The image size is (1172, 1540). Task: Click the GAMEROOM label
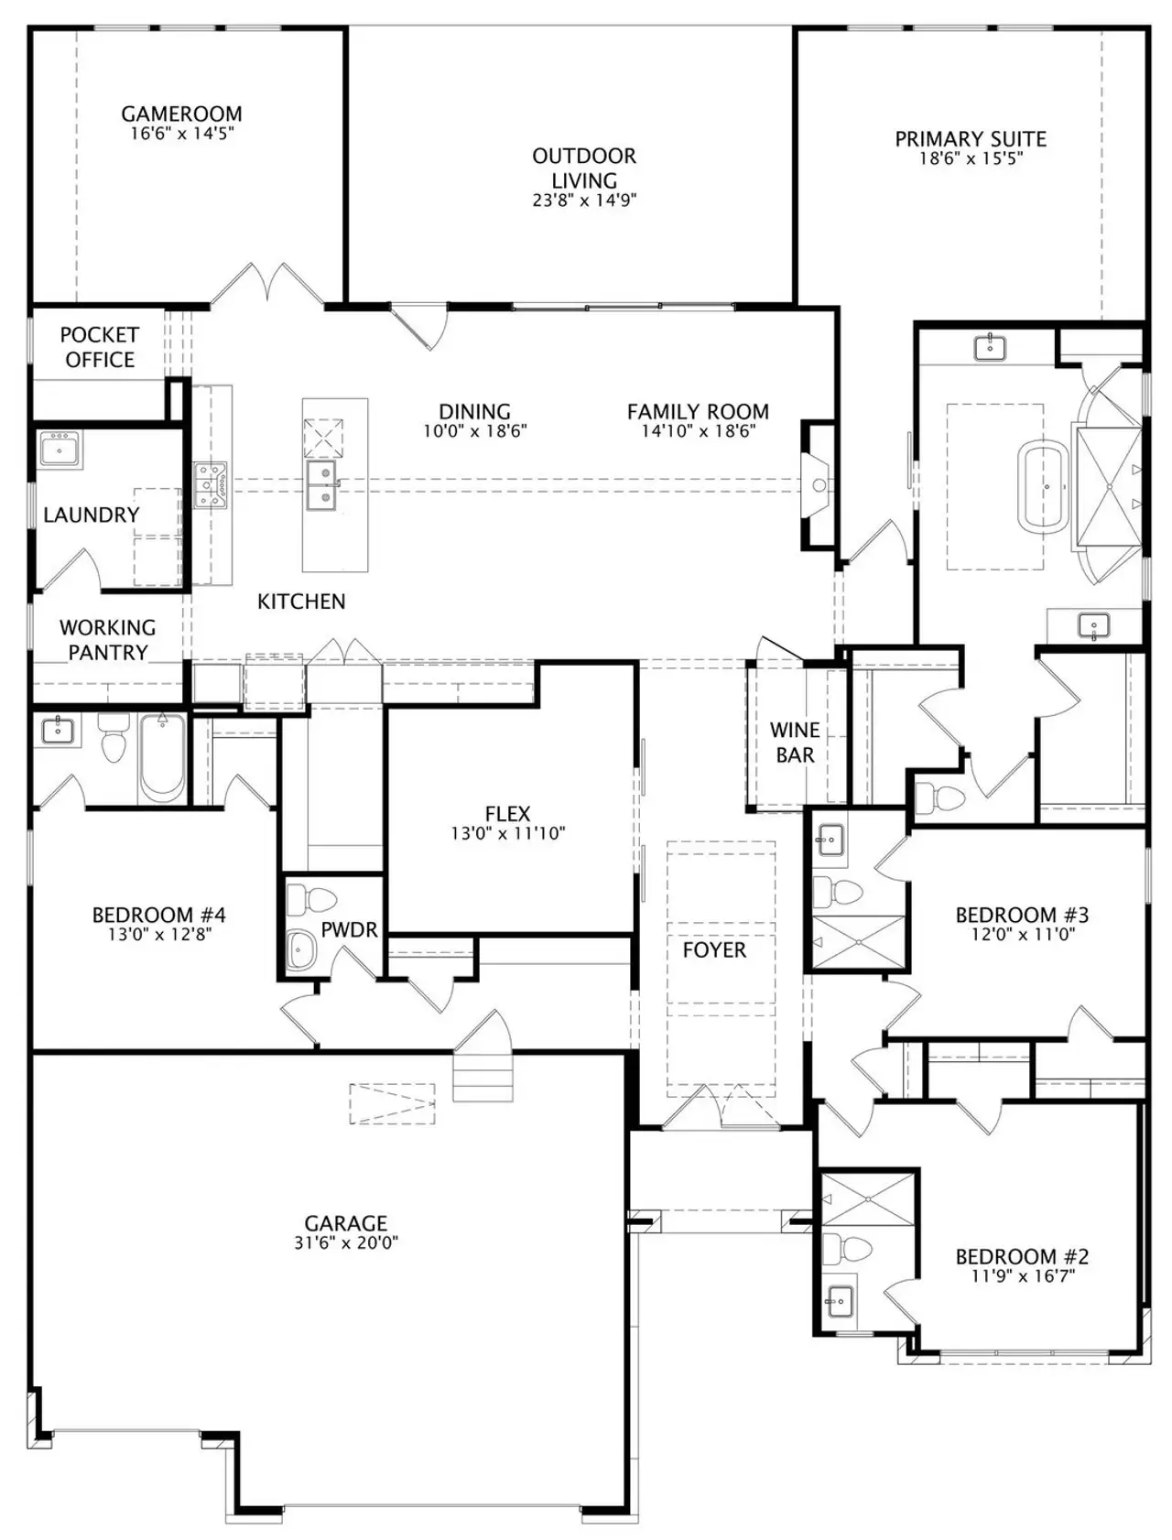point(181,114)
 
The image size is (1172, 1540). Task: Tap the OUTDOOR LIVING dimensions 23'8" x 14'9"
point(584,201)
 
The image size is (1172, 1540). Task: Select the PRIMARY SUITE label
point(971,139)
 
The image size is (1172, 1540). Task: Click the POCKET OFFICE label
point(99,347)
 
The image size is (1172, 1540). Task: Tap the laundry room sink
point(60,450)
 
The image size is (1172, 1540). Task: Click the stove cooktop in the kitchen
point(210,485)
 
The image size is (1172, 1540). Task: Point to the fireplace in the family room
point(818,484)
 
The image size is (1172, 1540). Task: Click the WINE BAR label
point(794,743)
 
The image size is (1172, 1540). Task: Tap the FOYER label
point(714,950)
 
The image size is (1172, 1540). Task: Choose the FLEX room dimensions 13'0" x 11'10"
point(507,834)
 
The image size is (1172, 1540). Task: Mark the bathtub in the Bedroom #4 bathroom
point(162,758)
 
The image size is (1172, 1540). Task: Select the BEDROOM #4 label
point(158,915)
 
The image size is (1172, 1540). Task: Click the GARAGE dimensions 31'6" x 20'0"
point(345,1242)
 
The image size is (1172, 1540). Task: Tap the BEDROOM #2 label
point(1022,1256)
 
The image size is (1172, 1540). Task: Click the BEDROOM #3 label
point(1022,915)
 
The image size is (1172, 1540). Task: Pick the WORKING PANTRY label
point(108,640)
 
